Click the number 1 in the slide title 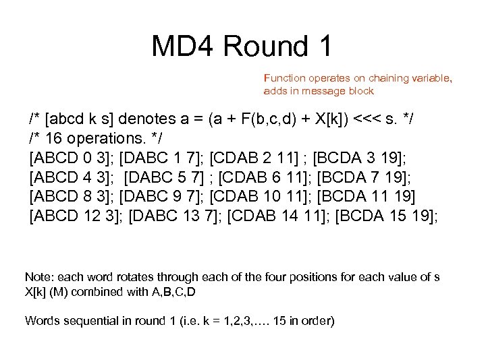pos(323,46)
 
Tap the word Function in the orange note pos(285,78)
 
